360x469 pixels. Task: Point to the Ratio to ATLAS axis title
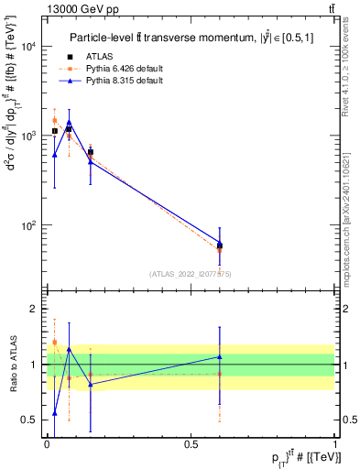pyautogui.click(x=13, y=364)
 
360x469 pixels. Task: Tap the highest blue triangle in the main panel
pyautogui.click(x=69, y=123)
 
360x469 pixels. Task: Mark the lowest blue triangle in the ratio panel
pyautogui.click(x=55, y=413)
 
